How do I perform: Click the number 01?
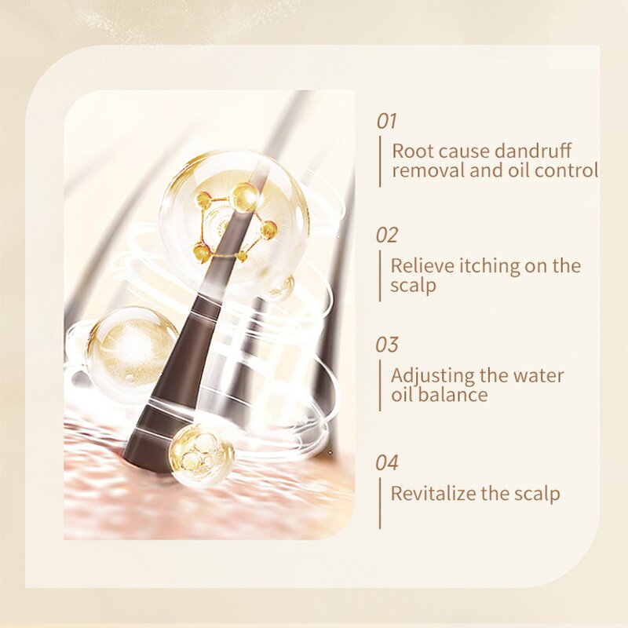point(387,122)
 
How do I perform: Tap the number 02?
point(387,235)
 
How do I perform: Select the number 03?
point(387,345)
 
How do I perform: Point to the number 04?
point(387,462)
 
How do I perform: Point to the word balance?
point(453,395)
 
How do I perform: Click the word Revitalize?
point(431,493)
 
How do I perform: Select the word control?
point(570,170)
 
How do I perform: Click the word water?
point(539,375)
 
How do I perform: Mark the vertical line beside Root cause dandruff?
point(380,161)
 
